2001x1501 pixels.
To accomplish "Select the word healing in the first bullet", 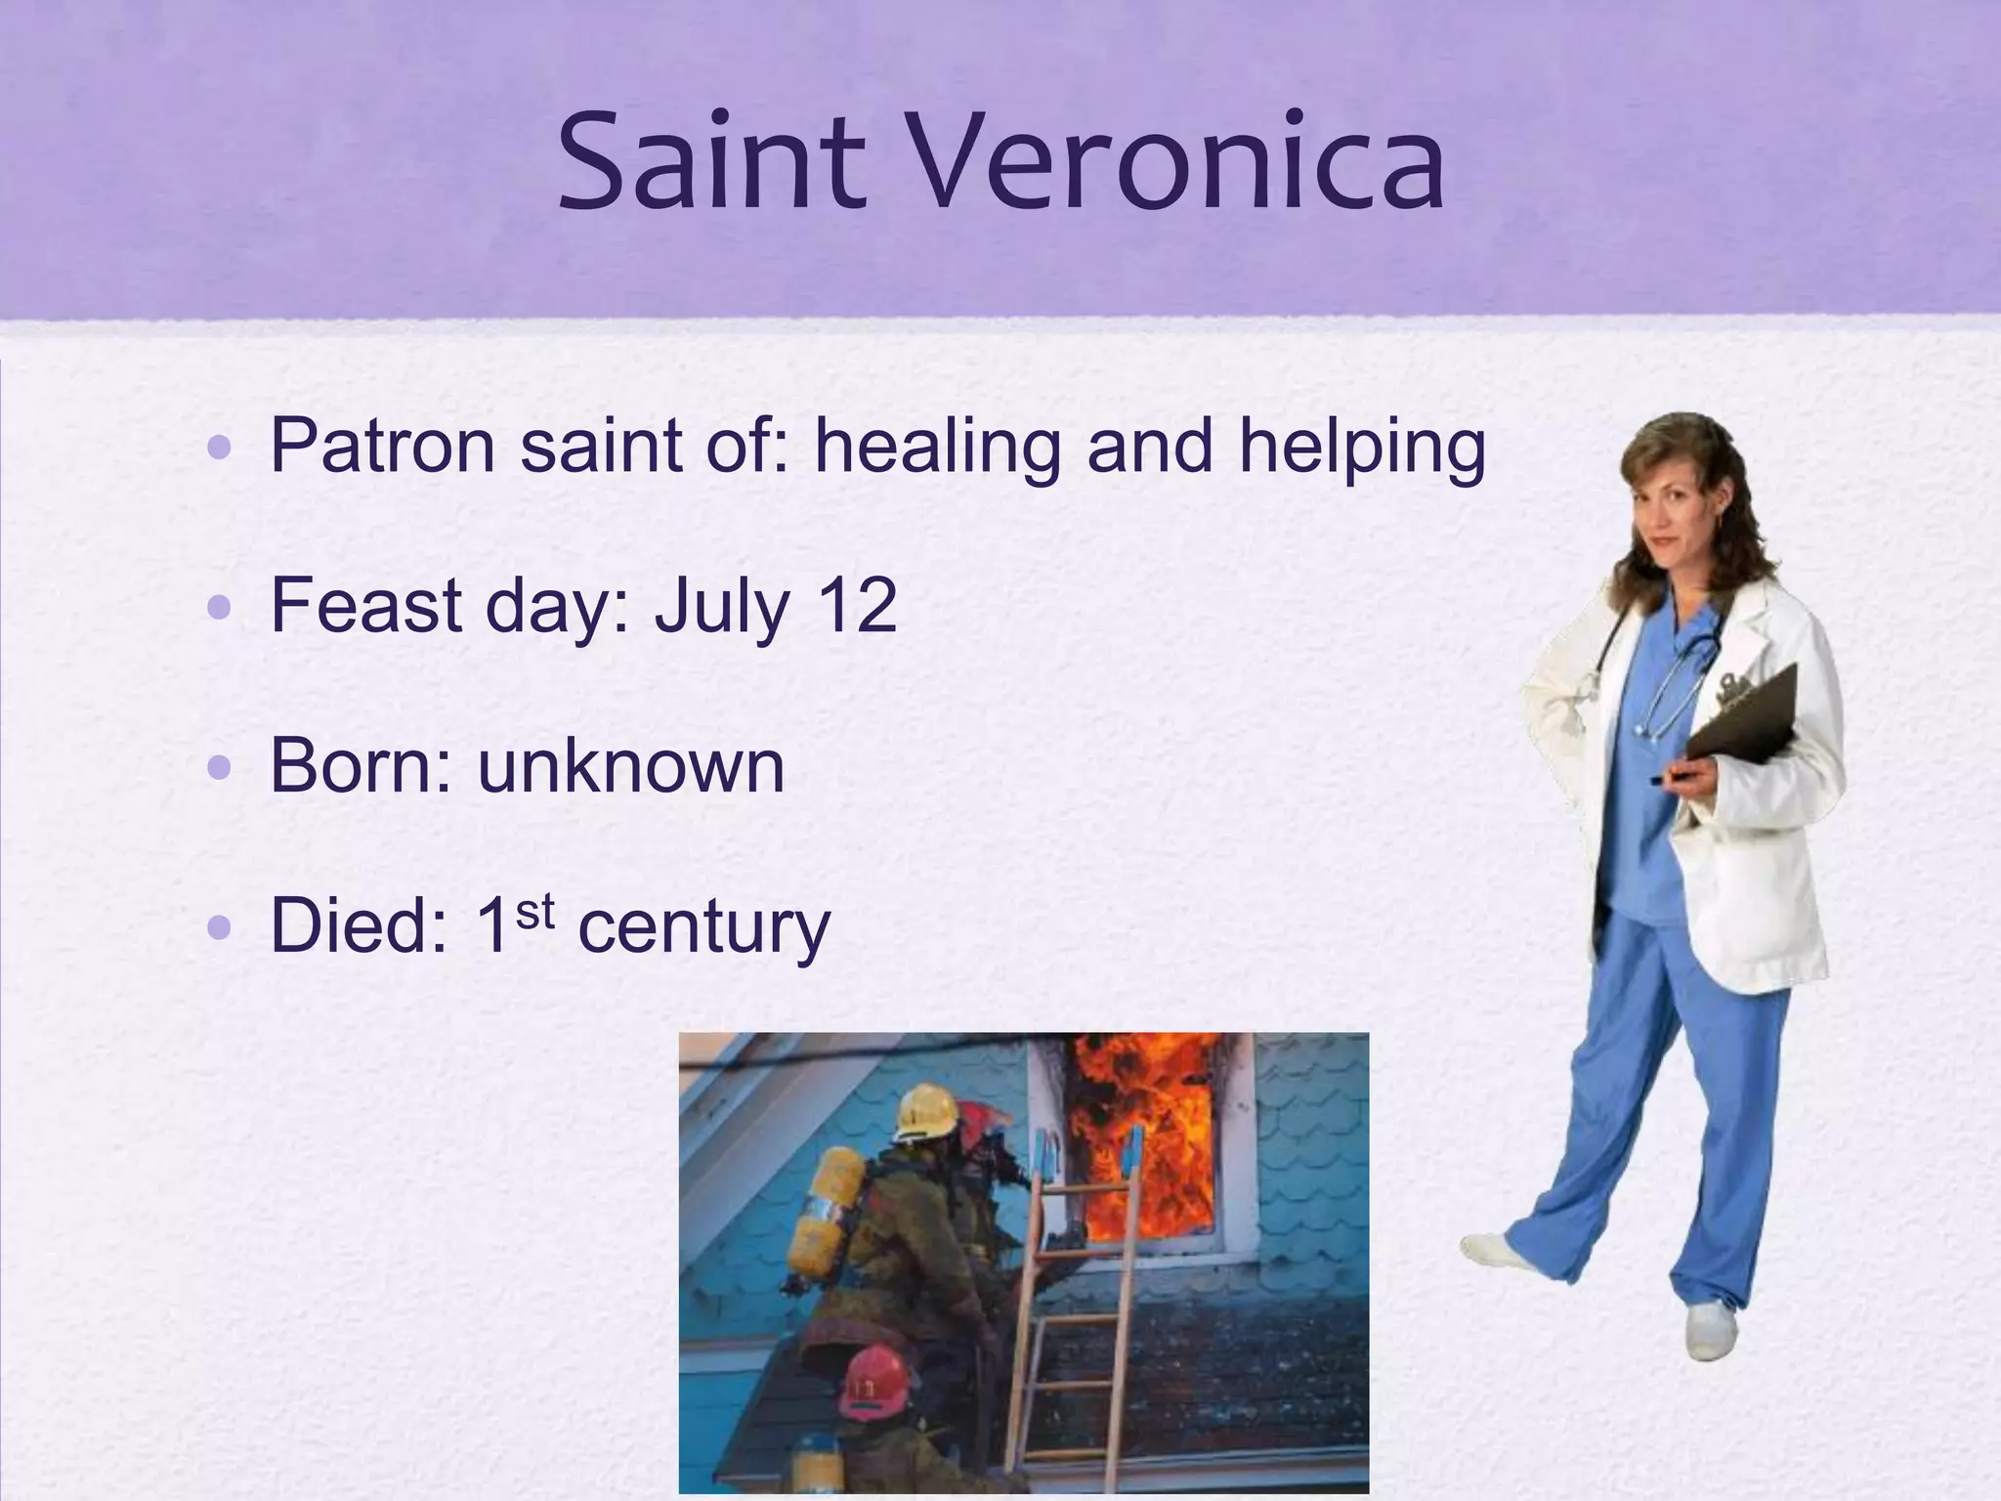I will click(937, 448).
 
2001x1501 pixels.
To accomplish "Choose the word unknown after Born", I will click(630, 766).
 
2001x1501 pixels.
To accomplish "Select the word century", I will click(703, 928).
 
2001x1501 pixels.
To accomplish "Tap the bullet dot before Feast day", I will click(220, 608).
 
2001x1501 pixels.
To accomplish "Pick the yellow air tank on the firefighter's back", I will click(827, 1212).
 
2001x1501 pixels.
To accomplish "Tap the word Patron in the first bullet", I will click(382, 448).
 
